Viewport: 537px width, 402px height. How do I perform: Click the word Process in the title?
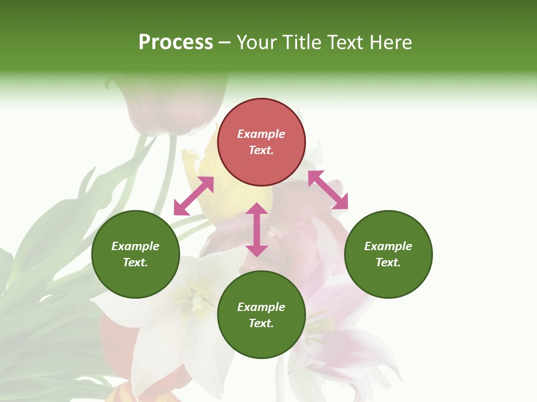(x=176, y=42)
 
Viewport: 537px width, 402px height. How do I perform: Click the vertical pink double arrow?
(x=257, y=229)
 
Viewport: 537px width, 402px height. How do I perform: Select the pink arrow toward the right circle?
(x=328, y=190)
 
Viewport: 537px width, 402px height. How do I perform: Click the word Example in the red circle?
(x=261, y=134)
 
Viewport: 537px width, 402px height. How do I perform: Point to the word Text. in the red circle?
(x=261, y=150)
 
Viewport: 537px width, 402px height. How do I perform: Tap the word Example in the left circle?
(x=135, y=246)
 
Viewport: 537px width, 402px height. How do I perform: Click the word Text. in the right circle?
(x=388, y=262)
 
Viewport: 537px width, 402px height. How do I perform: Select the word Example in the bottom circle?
(x=261, y=307)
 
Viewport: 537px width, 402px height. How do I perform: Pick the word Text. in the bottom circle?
(x=261, y=323)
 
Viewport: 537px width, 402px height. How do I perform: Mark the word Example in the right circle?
(x=388, y=246)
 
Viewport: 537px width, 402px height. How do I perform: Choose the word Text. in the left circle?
(x=135, y=262)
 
